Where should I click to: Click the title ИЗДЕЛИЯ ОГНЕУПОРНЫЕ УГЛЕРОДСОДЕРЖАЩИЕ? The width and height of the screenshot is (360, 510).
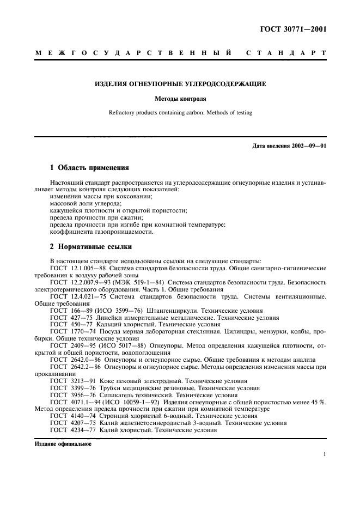[x=180, y=84]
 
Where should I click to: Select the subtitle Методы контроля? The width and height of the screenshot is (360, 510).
[x=180, y=99]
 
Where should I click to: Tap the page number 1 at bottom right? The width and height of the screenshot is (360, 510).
[x=324, y=454]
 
